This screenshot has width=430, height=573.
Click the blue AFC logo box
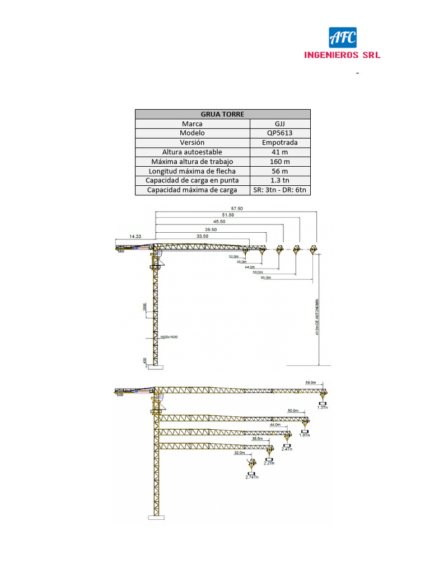[342, 38]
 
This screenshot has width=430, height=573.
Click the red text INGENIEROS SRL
[342, 55]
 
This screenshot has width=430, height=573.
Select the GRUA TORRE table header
[222, 114]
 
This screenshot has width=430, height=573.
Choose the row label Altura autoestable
[192, 152]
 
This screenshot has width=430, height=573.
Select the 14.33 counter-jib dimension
[135, 237]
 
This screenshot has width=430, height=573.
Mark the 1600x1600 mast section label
[169, 337]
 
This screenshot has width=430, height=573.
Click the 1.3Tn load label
[322, 408]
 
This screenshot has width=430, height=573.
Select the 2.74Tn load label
[251, 477]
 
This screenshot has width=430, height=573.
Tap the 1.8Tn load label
[305, 435]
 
